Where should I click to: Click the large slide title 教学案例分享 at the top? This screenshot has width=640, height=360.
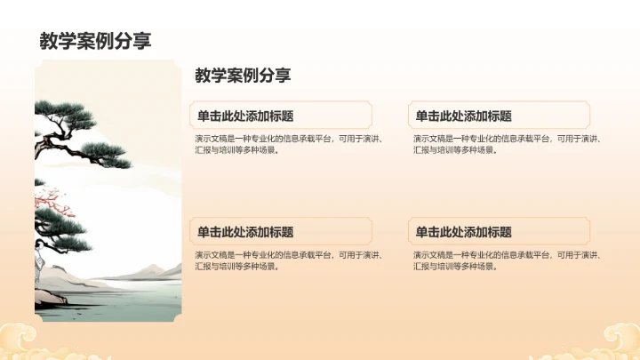click(x=95, y=41)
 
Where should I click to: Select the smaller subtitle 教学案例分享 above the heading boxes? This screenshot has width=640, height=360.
click(x=243, y=76)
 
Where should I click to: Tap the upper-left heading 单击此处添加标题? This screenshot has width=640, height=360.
click(x=245, y=116)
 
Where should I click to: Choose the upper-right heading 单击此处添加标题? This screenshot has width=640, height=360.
click(x=463, y=116)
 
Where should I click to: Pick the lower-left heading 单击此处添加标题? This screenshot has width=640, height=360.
click(x=245, y=232)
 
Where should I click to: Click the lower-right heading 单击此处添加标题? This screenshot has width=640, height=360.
click(x=463, y=232)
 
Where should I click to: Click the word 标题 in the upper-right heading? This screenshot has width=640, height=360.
click(x=500, y=116)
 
